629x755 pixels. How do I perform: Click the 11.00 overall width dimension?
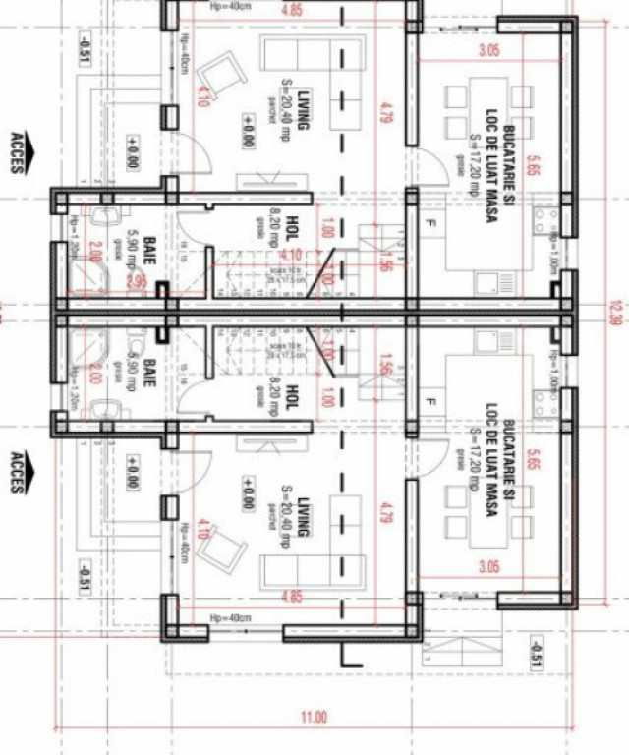(x=314, y=717)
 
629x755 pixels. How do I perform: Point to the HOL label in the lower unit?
(x=292, y=398)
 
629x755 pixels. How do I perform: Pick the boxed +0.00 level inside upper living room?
(x=246, y=131)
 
